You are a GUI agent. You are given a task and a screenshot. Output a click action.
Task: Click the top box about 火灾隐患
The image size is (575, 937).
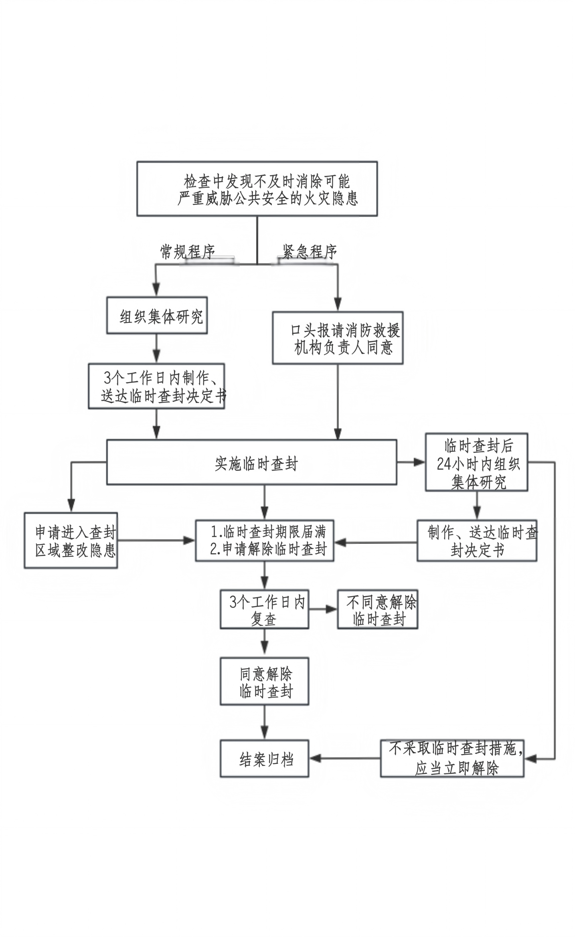(257, 188)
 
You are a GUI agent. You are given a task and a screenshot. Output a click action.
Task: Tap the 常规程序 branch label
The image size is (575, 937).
(188, 252)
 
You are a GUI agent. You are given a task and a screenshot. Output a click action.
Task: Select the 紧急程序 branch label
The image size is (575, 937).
(309, 252)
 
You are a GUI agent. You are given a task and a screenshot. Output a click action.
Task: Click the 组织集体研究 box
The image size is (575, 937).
(157, 315)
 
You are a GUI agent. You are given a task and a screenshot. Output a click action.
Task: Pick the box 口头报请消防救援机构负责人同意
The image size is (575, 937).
(338, 338)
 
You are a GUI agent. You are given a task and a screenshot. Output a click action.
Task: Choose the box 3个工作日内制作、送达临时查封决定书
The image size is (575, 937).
(156, 386)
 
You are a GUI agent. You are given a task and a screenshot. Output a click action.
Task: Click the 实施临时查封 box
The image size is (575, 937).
(251, 462)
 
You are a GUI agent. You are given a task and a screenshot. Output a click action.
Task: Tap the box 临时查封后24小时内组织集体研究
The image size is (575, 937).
(476, 462)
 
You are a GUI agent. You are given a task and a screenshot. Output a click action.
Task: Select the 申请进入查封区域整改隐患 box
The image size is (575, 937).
(71, 540)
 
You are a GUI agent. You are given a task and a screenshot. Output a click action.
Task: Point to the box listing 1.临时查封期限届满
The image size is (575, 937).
(265, 540)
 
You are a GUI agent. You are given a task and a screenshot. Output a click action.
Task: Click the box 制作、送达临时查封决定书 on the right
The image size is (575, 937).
(477, 540)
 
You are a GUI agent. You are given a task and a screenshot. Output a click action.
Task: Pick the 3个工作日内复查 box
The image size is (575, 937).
(265, 609)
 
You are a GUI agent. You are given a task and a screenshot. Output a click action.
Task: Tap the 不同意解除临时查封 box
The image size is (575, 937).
(378, 609)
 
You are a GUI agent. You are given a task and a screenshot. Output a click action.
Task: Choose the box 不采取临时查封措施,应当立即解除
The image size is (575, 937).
(452, 758)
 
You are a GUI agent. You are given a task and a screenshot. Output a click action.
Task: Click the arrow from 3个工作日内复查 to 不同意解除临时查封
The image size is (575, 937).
(323, 609)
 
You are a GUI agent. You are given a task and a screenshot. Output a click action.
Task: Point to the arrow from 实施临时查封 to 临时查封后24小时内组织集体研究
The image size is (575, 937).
(411, 462)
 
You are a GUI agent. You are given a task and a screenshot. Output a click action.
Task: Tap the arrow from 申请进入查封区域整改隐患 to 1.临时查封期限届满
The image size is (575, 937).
(156, 540)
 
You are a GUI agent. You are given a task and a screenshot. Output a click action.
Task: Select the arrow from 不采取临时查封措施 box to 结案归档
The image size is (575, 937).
(345, 758)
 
